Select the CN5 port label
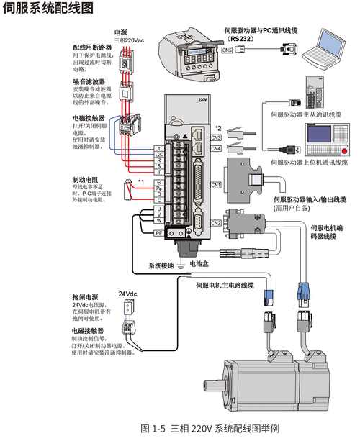point(226,50)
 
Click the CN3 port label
point(215,137)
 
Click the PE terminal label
point(158,233)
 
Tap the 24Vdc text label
point(127,294)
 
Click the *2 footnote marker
point(217,128)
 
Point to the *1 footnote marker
point(141,181)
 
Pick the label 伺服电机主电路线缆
point(225,286)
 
